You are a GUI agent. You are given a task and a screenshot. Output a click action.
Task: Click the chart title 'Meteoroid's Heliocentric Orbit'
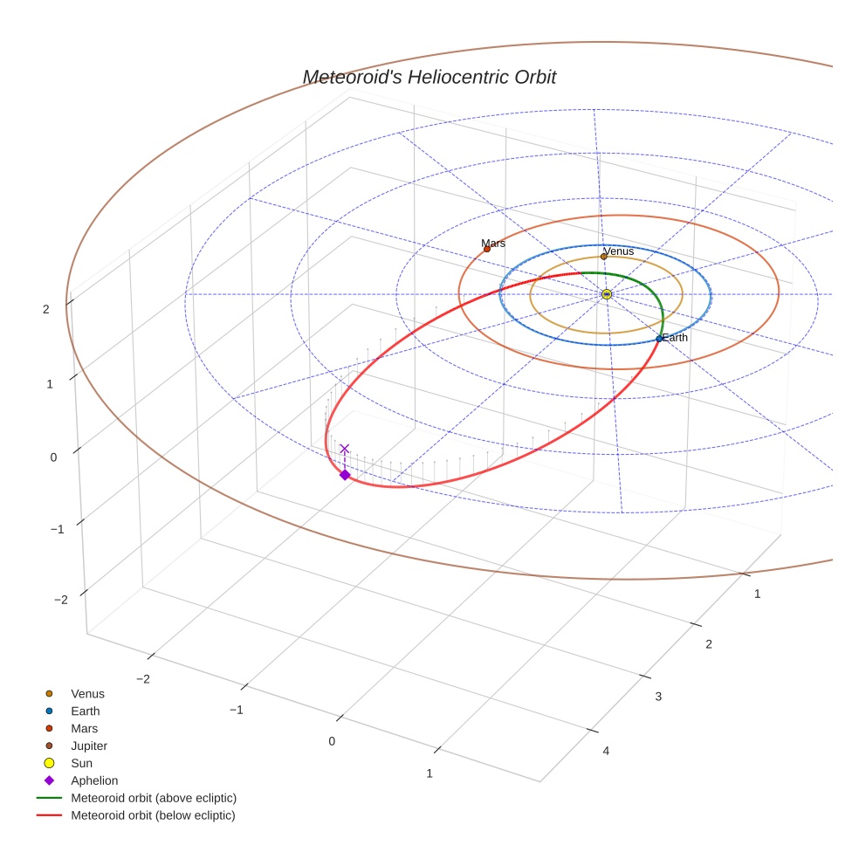click(429, 77)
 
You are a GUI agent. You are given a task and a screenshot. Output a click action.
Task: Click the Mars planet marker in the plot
click(487, 249)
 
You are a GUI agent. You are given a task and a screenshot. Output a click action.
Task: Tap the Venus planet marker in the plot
click(603, 257)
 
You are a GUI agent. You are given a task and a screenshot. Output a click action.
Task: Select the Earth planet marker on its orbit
click(659, 339)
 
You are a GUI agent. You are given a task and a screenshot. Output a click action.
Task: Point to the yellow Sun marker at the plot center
click(607, 294)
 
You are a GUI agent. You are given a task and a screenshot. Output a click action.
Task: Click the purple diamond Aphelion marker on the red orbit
click(345, 475)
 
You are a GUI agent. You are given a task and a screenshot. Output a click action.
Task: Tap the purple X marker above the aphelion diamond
click(345, 449)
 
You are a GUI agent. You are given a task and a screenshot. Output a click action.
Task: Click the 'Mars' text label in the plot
click(493, 244)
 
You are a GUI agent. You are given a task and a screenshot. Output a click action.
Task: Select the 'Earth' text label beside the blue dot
click(675, 338)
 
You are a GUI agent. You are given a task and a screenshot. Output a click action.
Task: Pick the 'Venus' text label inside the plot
click(619, 251)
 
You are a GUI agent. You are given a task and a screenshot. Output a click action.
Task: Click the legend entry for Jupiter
click(88, 746)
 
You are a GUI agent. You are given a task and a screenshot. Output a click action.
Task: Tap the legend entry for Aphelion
click(93, 780)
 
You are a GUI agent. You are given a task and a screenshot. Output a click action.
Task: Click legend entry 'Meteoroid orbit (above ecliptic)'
click(154, 798)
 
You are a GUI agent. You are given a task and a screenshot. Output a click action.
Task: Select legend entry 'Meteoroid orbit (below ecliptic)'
click(153, 815)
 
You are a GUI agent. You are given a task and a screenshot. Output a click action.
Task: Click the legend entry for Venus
click(87, 694)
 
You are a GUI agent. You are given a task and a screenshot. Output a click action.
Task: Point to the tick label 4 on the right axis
click(606, 752)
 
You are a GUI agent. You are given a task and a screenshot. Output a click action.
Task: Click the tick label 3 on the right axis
click(659, 696)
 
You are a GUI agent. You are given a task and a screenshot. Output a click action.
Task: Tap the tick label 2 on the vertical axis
click(45, 308)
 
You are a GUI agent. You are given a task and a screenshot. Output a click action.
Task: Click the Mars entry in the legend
click(84, 728)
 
